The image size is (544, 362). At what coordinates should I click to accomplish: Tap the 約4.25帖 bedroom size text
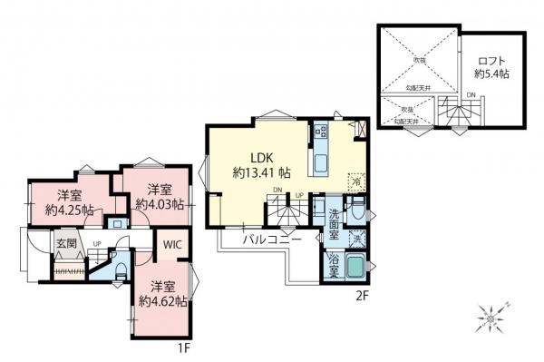(71, 209)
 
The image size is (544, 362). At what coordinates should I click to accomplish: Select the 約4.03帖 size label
(160, 204)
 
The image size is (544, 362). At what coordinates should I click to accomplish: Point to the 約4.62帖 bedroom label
(163, 299)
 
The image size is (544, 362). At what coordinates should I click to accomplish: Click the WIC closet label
(171, 245)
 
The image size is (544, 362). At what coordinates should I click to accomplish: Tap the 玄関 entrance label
(65, 243)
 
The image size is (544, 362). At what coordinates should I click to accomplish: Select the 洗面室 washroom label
(334, 223)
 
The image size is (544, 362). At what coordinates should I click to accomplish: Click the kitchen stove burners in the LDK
(321, 133)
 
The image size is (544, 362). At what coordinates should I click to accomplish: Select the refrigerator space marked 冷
(356, 181)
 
